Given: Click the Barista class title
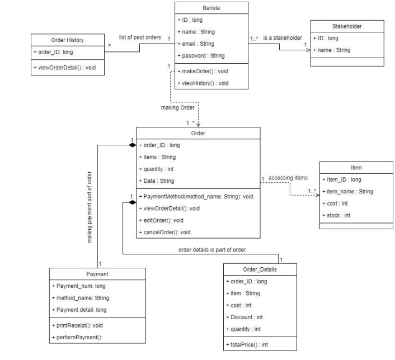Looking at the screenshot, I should click(x=210, y=8).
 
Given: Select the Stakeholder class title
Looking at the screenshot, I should click(x=347, y=26).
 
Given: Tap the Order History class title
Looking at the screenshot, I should click(x=67, y=39).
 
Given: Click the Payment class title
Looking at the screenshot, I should click(x=98, y=274).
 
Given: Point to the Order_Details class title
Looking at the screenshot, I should click(x=250, y=269).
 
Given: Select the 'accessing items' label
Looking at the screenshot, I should click(x=288, y=178).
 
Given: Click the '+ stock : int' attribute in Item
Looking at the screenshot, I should click(x=340, y=215).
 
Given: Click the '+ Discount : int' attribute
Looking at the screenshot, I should click(x=248, y=317).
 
